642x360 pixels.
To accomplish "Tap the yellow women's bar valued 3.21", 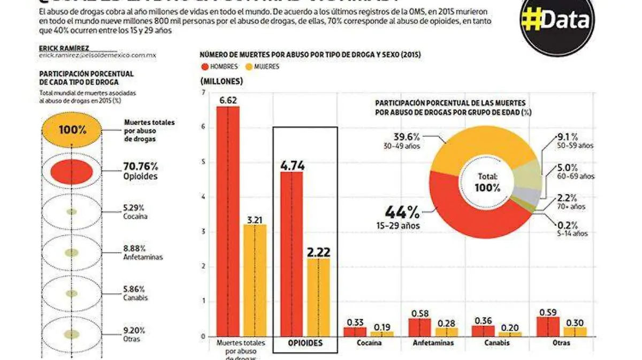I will [x=255, y=281].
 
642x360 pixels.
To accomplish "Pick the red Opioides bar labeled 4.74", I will [x=292, y=254].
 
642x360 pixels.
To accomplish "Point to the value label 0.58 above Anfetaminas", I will [x=419, y=312].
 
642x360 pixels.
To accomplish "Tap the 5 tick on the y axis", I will [x=203, y=162].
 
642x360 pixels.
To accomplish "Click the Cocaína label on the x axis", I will [x=369, y=343].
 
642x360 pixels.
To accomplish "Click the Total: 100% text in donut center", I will [x=487, y=182].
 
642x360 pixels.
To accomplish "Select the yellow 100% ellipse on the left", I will [x=72, y=129].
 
